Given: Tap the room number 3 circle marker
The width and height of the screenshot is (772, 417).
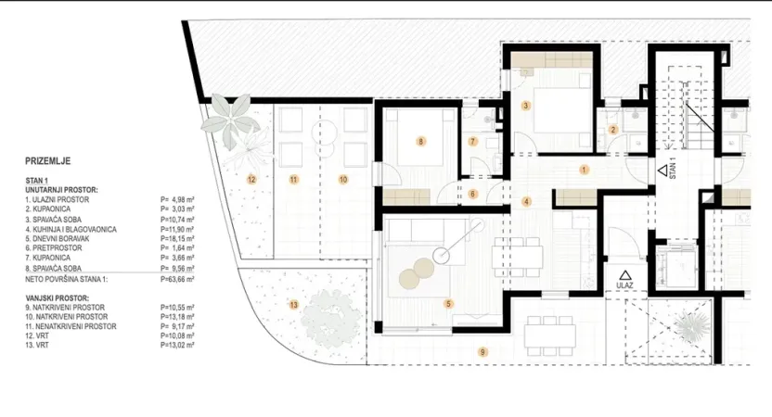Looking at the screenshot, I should pyautogui.click(x=526, y=107).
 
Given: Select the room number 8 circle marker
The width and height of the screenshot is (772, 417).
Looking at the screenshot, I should pyautogui.click(x=421, y=142).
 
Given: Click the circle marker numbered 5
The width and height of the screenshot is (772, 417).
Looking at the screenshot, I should pyautogui.click(x=448, y=303).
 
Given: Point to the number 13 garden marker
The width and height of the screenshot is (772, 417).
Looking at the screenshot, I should pyautogui.click(x=294, y=304).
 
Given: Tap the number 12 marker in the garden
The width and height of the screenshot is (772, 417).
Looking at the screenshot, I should pyautogui.click(x=251, y=178).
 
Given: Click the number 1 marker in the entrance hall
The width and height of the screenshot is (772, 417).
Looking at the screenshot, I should pyautogui.click(x=584, y=170).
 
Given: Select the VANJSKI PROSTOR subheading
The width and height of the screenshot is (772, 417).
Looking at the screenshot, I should pyautogui.click(x=59, y=297).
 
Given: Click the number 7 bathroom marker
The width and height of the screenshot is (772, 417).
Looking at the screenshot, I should pyautogui.click(x=472, y=142).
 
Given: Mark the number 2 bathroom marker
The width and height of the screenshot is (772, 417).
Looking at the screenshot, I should pyautogui.click(x=612, y=130).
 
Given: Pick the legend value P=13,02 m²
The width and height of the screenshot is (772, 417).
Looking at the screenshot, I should pyautogui.click(x=179, y=346).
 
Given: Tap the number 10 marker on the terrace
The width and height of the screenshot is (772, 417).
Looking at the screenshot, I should pyautogui.click(x=342, y=178).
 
